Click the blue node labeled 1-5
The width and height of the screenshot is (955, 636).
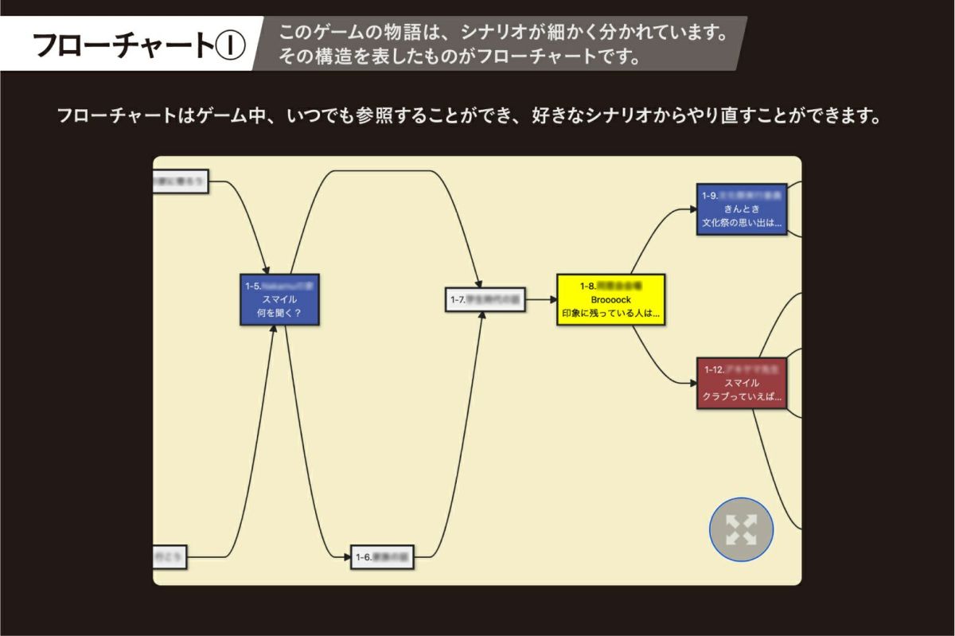click(x=279, y=299)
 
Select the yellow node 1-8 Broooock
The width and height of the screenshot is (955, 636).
click(x=610, y=299)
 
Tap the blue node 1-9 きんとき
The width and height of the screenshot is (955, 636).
click(x=742, y=209)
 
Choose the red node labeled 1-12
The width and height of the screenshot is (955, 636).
click(x=742, y=383)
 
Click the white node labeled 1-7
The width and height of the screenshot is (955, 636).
click(x=485, y=300)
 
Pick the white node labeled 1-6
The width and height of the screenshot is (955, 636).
click(x=384, y=557)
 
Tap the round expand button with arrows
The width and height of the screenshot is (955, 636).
click(x=741, y=529)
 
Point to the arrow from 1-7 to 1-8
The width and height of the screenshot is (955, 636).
click(x=541, y=300)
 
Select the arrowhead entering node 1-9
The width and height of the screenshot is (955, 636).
click(x=692, y=210)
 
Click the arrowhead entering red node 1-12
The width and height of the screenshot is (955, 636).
click(x=692, y=383)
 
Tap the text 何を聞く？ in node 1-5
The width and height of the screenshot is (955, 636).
click(x=279, y=313)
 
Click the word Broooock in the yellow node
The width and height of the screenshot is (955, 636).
click(x=610, y=299)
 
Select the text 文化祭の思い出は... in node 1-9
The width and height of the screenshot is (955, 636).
click(x=742, y=223)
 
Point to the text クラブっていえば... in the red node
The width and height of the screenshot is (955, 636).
click(x=742, y=396)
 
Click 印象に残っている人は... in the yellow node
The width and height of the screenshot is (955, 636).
click(x=610, y=314)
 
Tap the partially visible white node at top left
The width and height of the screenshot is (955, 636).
click(x=181, y=182)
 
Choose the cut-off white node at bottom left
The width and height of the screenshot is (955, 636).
click(x=170, y=557)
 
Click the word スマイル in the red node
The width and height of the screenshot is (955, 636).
click(x=742, y=383)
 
